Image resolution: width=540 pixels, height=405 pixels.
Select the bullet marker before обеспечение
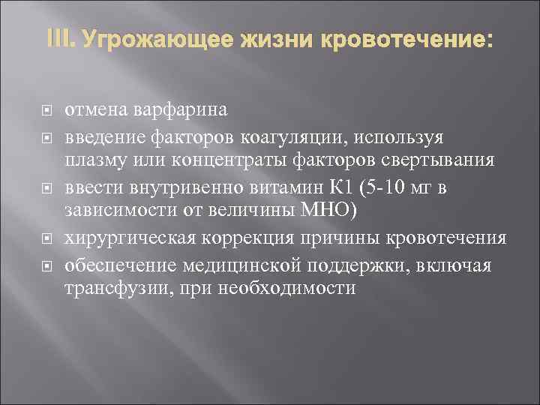point(46,265)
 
